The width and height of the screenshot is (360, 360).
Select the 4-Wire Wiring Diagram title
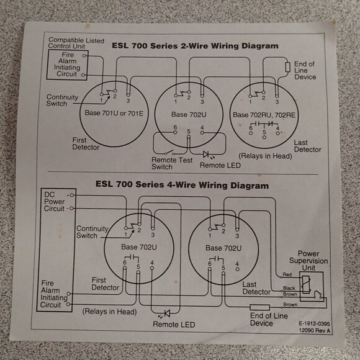[x=182, y=185]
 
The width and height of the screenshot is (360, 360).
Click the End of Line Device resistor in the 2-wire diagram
[x=287, y=66]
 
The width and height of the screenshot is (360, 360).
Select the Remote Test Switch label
[x=169, y=163]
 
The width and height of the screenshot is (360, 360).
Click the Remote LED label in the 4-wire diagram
[x=174, y=324]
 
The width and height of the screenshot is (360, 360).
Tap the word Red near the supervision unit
[x=286, y=274]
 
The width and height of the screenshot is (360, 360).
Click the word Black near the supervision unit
[x=289, y=288]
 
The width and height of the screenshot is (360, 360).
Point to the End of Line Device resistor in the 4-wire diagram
[x=259, y=307]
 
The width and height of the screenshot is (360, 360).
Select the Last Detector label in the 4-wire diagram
[x=256, y=288]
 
